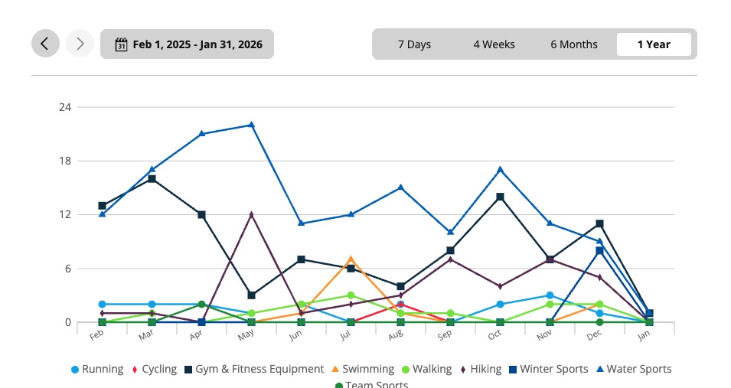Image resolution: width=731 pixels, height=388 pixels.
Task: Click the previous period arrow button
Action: click(x=45, y=44)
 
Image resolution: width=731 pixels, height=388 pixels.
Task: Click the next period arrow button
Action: click(x=80, y=44)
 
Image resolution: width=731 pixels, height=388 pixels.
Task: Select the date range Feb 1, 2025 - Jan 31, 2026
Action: click(x=187, y=44)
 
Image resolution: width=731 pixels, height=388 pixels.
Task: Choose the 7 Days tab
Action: click(x=414, y=44)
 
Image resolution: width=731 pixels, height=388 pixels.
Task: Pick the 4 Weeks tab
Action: click(x=494, y=44)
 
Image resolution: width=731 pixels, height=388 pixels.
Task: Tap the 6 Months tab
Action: click(x=573, y=44)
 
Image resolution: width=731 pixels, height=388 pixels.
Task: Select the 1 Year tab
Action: click(x=654, y=44)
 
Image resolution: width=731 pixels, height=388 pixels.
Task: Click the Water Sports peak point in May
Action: click(x=251, y=125)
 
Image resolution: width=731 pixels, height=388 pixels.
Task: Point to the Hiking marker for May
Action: click(x=251, y=214)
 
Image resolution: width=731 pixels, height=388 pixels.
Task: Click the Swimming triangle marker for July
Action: click(x=351, y=259)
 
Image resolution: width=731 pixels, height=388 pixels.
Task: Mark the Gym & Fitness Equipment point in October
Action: click(x=500, y=197)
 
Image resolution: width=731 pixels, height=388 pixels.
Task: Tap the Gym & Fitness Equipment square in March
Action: click(x=152, y=179)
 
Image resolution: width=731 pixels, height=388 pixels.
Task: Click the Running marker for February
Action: click(x=102, y=305)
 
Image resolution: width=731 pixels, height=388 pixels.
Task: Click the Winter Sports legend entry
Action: click(x=548, y=369)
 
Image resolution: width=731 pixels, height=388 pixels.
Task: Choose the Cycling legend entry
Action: click(x=155, y=369)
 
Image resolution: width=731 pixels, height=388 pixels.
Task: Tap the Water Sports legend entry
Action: click(x=633, y=369)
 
